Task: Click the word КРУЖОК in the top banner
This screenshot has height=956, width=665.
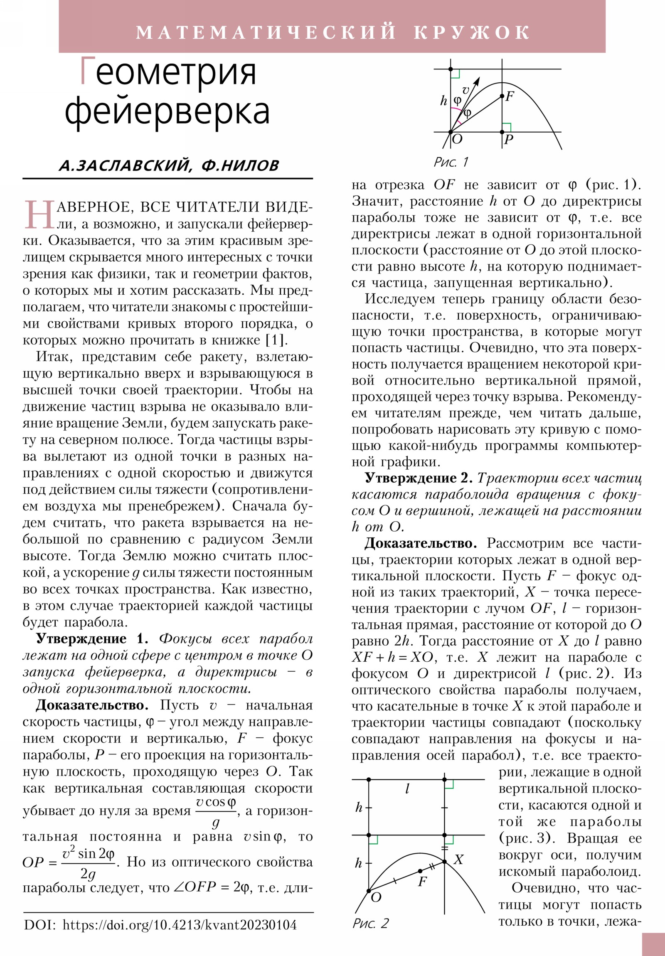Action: pyautogui.click(x=471, y=33)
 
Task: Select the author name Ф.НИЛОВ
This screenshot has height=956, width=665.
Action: pyautogui.click(x=240, y=166)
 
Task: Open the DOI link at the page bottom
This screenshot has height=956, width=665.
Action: pyautogui.click(x=180, y=925)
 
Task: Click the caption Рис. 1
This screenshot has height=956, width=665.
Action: pyautogui.click(x=451, y=162)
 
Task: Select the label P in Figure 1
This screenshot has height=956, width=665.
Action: pyautogui.click(x=508, y=140)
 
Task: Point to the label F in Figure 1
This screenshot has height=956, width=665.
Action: pyautogui.click(x=510, y=96)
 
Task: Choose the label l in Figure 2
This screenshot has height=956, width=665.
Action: pyautogui.click(x=407, y=788)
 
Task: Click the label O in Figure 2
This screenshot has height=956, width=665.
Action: pyautogui.click(x=376, y=897)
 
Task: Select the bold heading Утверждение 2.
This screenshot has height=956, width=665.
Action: pyautogui.click(x=419, y=478)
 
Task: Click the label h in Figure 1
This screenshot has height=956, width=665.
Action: pyautogui.click(x=444, y=101)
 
